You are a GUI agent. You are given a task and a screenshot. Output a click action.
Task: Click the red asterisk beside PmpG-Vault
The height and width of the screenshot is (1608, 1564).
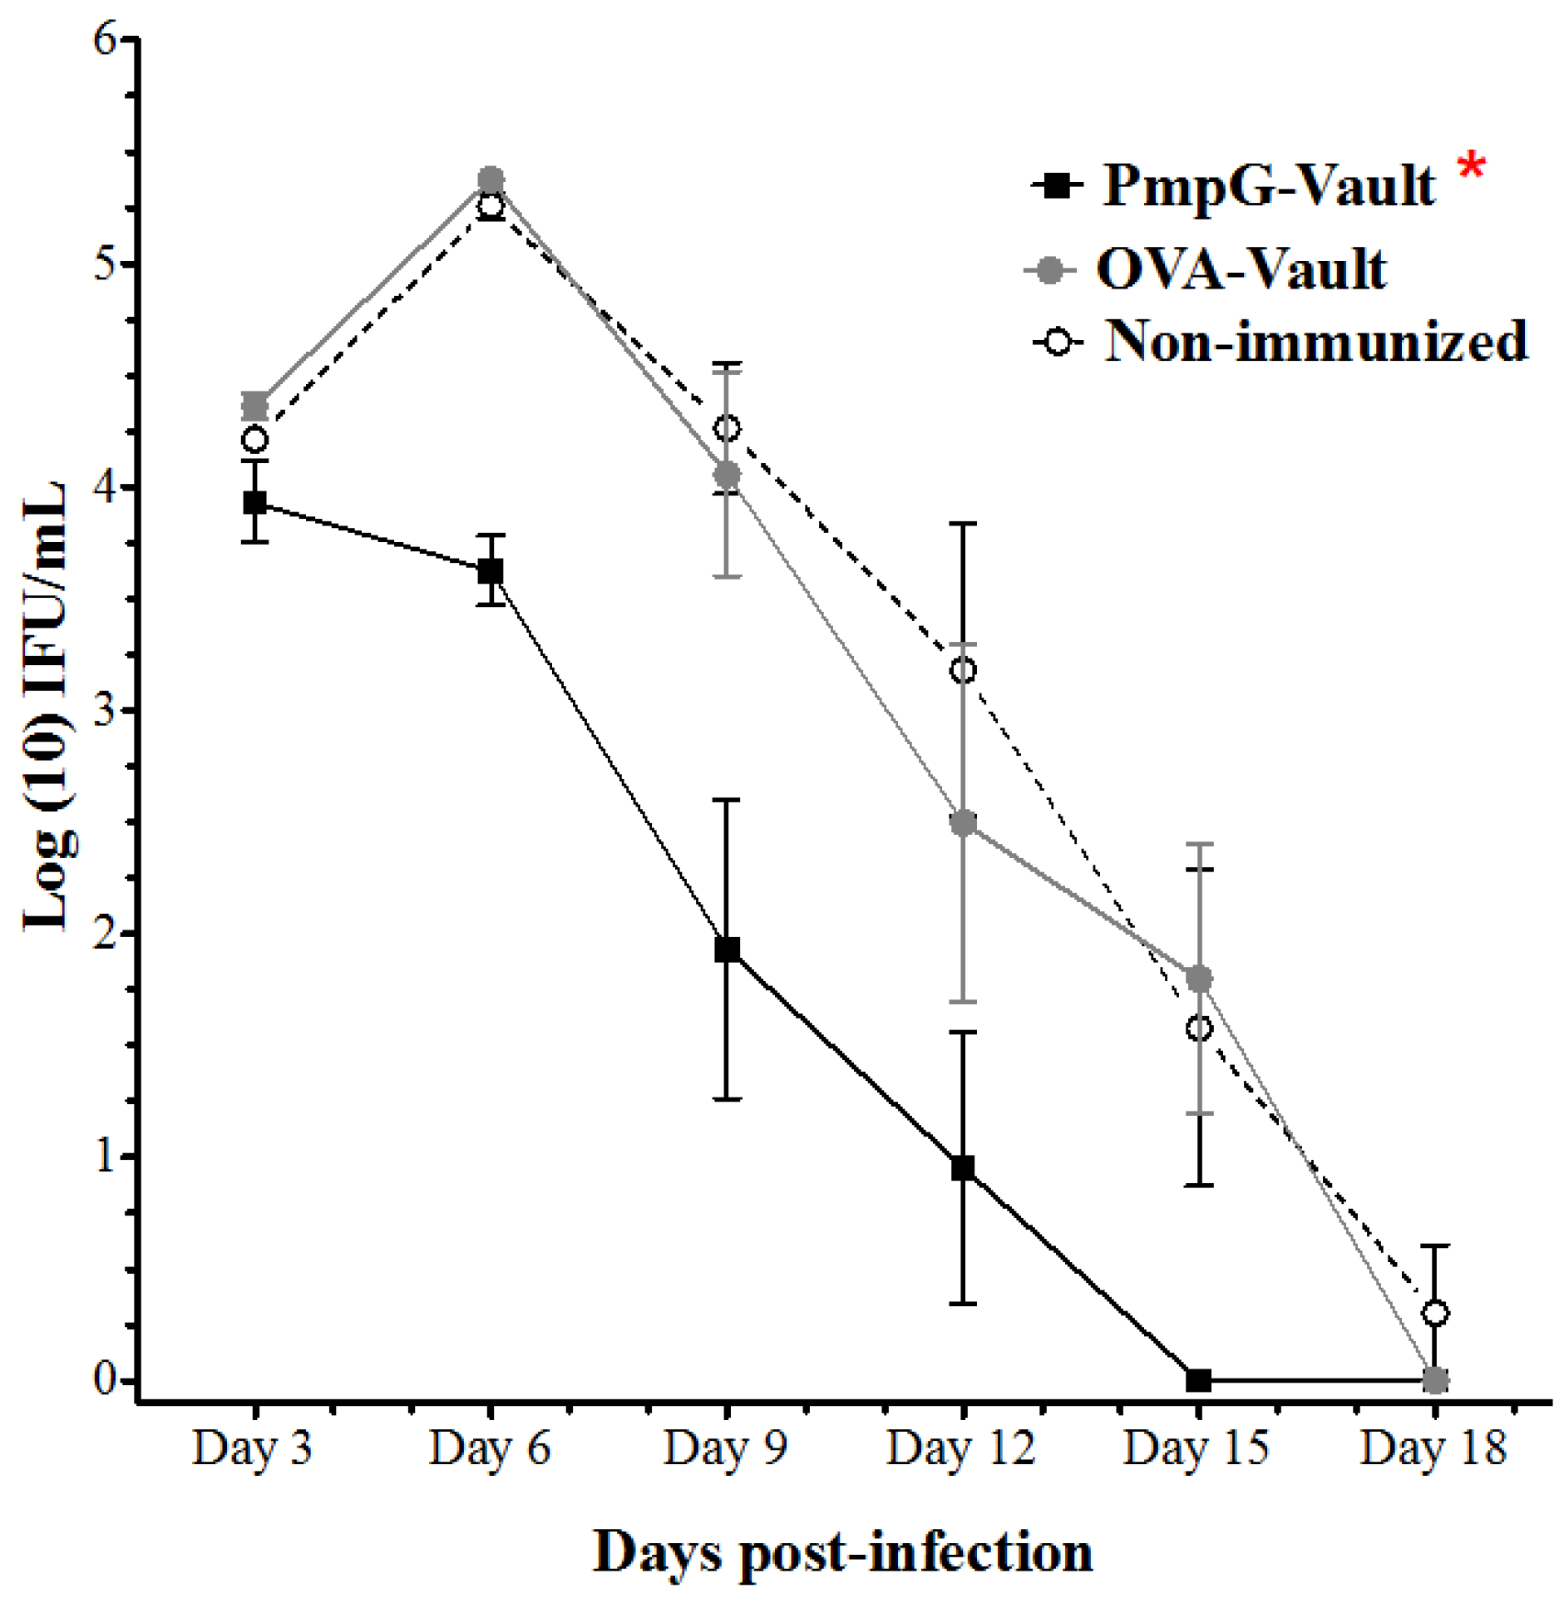[x=1470, y=165]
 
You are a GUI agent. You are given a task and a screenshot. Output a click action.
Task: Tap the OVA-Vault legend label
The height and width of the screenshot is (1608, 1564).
[x=1241, y=269]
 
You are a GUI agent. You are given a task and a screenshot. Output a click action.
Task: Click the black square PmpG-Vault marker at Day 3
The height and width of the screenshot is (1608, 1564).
[x=255, y=502]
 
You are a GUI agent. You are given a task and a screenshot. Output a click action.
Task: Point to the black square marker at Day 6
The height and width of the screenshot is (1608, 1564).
[x=491, y=570]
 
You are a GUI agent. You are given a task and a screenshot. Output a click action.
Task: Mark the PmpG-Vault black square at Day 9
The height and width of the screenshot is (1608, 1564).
[x=727, y=949]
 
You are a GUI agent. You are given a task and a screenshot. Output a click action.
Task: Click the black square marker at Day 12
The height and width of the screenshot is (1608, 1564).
[x=963, y=1168]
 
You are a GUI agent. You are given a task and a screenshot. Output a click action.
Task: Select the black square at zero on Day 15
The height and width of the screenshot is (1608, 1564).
[x=1198, y=1380]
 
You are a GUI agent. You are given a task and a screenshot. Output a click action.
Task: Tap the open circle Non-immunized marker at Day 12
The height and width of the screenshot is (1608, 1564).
[x=963, y=670]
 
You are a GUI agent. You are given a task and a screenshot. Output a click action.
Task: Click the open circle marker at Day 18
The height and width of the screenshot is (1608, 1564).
[x=1435, y=1314]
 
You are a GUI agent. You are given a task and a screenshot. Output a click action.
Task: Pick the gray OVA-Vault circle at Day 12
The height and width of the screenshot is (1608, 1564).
[x=963, y=823]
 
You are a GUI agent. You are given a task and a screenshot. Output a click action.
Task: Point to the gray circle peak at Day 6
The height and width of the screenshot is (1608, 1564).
[x=491, y=180]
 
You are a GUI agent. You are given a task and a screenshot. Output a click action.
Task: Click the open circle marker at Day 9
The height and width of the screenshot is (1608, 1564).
[x=727, y=429]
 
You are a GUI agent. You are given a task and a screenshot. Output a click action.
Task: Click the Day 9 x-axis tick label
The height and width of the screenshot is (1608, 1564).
[x=725, y=1448]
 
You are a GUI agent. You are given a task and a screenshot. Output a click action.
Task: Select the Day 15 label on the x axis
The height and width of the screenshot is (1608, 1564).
[x=1196, y=1448]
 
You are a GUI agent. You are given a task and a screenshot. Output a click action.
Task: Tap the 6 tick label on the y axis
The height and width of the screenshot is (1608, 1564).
[x=106, y=40]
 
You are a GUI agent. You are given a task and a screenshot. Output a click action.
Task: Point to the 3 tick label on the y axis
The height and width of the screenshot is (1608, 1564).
[x=106, y=711]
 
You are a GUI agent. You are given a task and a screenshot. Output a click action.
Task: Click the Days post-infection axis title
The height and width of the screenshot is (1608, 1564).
[x=841, y=1552]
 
